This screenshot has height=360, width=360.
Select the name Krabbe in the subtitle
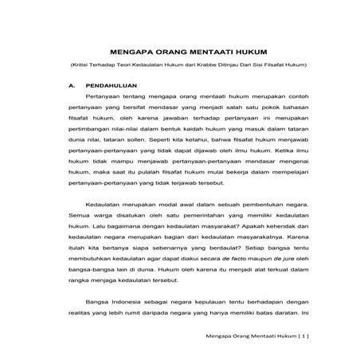[198, 65]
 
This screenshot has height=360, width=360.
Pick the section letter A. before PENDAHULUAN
[72, 84]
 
